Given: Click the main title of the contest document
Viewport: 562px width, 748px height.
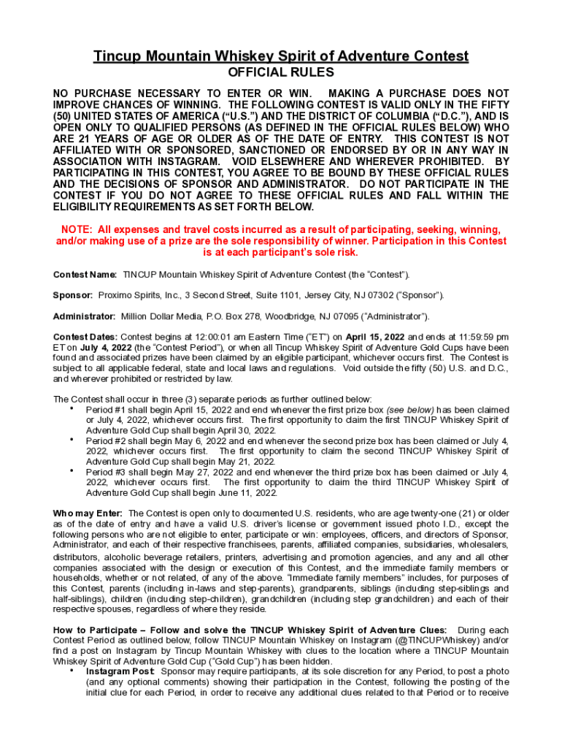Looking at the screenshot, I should pos(281,56).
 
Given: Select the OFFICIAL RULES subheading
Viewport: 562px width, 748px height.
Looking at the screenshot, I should pos(281,73).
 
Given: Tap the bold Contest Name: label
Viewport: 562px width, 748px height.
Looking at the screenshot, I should pos(85,274).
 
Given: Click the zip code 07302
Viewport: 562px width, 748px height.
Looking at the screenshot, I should pos(374,294).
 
